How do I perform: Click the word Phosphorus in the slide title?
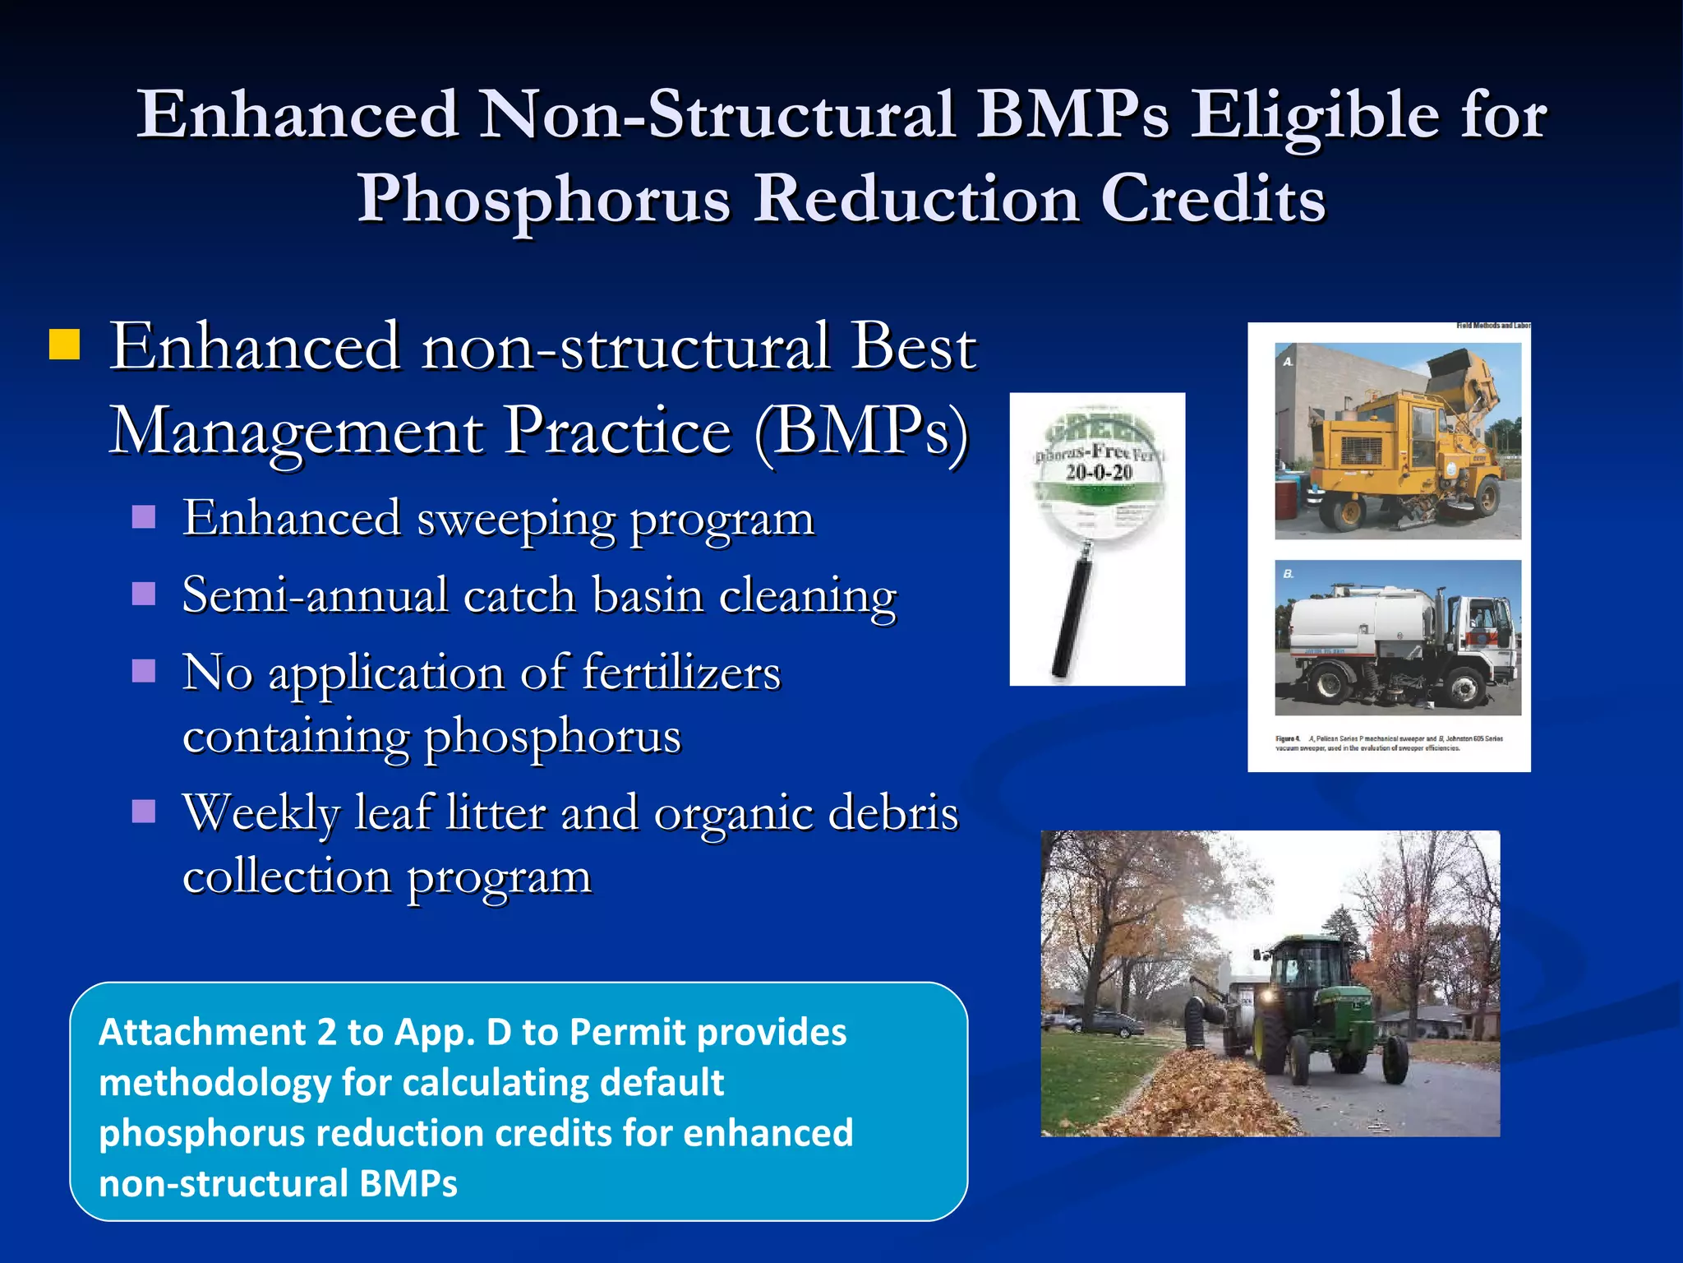[543, 200]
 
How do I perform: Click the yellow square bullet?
[64, 345]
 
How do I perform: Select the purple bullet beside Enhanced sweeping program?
[144, 517]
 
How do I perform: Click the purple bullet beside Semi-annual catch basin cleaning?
[144, 594]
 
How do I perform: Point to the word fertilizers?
[681, 673]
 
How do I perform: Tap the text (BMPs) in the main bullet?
[860, 431]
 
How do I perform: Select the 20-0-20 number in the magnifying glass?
[1099, 472]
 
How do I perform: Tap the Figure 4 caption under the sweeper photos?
[1389, 743]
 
